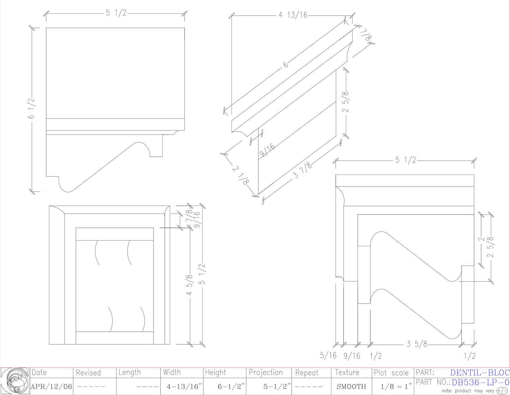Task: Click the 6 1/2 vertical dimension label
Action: pos(31,109)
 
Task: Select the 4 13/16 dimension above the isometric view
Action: pos(293,15)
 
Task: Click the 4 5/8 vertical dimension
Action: pos(190,285)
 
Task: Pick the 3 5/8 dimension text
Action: pos(417,344)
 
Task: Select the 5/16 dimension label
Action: pos(328,355)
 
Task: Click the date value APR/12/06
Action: pos(52,387)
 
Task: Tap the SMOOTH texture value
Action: pos(351,387)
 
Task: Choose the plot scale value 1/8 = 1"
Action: pos(393,387)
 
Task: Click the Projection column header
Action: pos(266,372)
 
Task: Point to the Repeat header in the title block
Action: pos(307,373)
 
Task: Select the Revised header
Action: pos(88,373)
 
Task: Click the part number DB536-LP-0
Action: pos(480,382)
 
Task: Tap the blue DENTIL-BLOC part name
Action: pos(480,372)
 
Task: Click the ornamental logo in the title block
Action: pos(15,381)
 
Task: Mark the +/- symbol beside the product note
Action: pos(502,391)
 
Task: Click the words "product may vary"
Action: pos(474,391)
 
